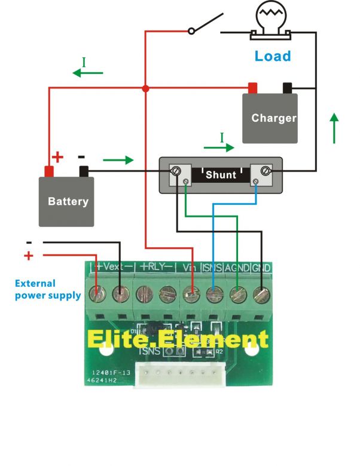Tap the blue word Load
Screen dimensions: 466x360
click(x=273, y=56)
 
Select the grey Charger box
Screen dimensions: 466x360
click(x=270, y=118)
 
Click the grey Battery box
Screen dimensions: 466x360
click(x=66, y=201)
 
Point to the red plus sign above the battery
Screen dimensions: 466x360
click(x=57, y=158)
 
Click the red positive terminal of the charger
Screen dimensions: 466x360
click(x=252, y=88)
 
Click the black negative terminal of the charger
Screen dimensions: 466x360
click(x=288, y=88)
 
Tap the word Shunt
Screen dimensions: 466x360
click(x=221, y=175)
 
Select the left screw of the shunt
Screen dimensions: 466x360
click(x=177, y=171)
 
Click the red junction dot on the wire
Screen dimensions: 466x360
click(x=145, y=88)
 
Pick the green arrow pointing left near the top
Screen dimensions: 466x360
click(x=87, y=73)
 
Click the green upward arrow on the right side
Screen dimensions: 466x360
click(x=334, y=127)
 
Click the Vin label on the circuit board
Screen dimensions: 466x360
click(x=189, y=266)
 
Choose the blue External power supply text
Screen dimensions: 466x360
click(x=47, y=289)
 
